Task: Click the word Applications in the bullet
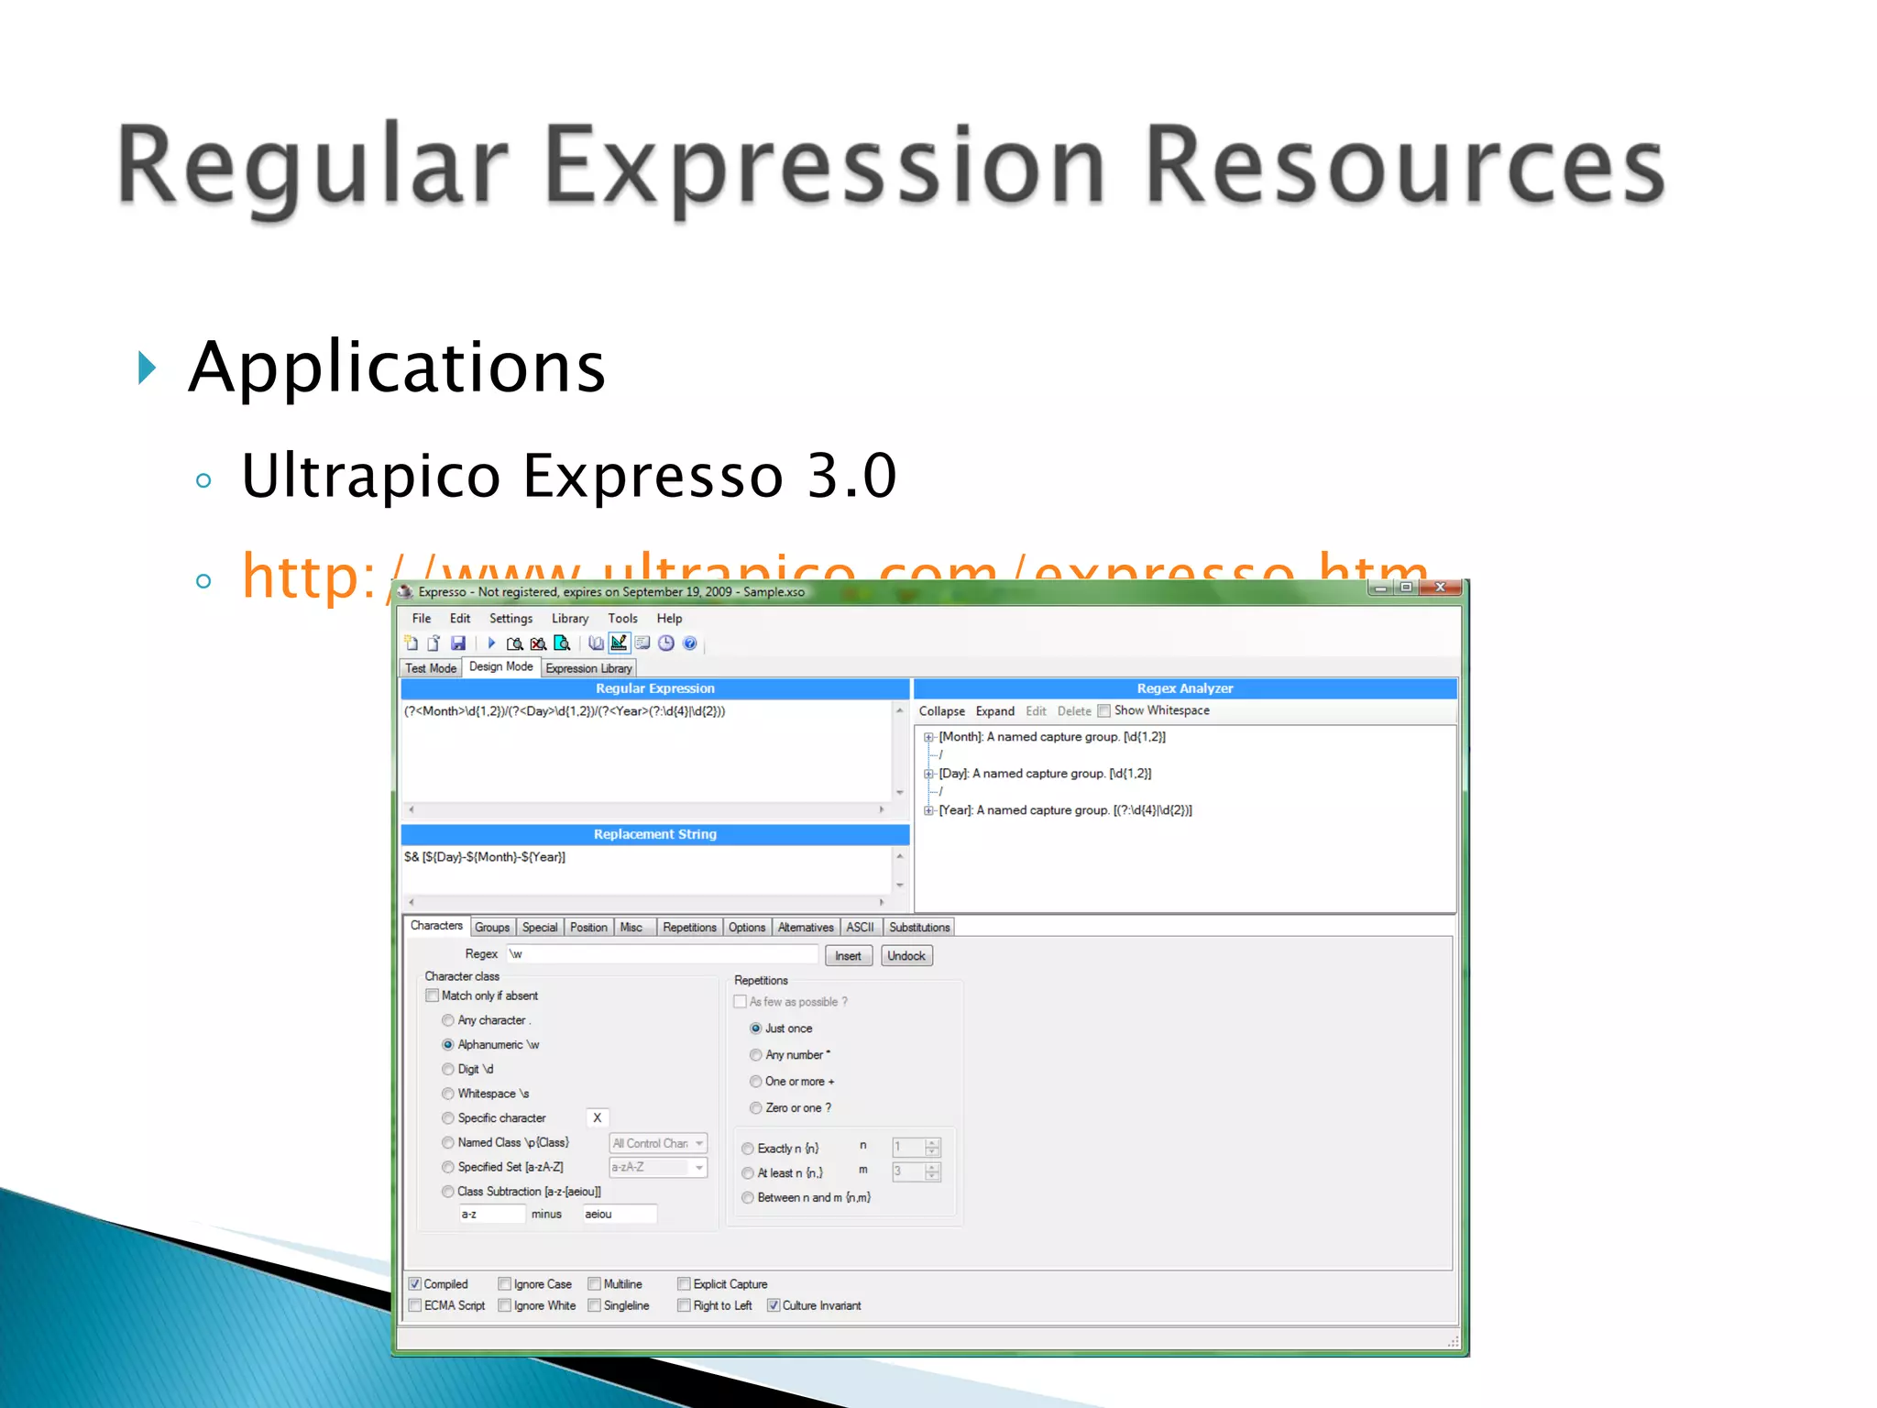pyautogui.click(x=397, y=367)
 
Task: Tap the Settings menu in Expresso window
pyautogui.click(x=510, y=619)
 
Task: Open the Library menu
pyautogui.click(x=569, y=619)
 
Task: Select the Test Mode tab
pyautogui.click(x=431, y=668)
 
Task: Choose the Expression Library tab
pyautogui.click(x=588, y=668)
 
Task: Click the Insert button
pyautogui.click(x=848, y=956)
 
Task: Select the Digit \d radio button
pyautogui.click(x=448, y=1070)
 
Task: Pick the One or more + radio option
pyautogui.click(x=756, y=1082)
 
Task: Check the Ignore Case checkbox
pyautogui.click(x=505, y=1284)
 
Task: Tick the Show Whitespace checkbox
pyautogui.click(x=1104, y=710)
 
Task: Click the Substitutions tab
pyautogui.click(x=919, y=928)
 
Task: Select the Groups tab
pyautogui.click(x=492, y=928)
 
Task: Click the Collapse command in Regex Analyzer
pyautogui.click(x=941, y=711)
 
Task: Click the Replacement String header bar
pyautogui.click(x=655, y=834)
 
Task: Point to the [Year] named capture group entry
pyautogui.click(x=1065, y=810)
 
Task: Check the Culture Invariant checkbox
pyautogui.click(x=774, y=1306)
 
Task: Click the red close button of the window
pyautogui.click(x=1440, y=588)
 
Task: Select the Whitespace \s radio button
pyautogui.click(x=448, y=1094)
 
